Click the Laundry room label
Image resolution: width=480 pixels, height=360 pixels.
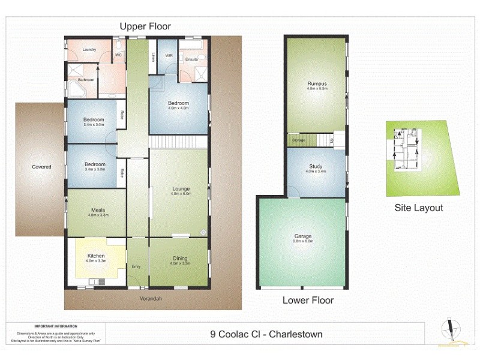pyautogui.click(x=89, y=49)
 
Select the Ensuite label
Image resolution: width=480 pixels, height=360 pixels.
pyautogui.click(x=192, y=59)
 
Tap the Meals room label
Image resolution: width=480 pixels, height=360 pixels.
pyautogui.click(x=97, y=209)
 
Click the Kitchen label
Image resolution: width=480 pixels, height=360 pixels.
pyautogui.click(x=96, y=256)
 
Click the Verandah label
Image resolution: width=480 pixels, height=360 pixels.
pyautogui.click(x=152, y=298)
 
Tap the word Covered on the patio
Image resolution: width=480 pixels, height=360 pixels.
pyautogui.click(x=41, y=167)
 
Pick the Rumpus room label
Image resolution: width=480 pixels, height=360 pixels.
pyautogui.click(x=316, y=83)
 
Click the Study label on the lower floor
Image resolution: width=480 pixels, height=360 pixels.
pyautogui.click(x=316, y=166)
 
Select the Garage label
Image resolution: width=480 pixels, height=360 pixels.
pyautogui.click(x=303, y=236)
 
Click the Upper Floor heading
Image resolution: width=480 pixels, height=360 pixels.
pyautogui.click(x=145, y=26)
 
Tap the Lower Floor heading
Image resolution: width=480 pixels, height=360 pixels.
pyautogui.click(x=308, y=300)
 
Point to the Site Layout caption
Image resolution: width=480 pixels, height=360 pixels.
pyautogui.click(x=419, y=208)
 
